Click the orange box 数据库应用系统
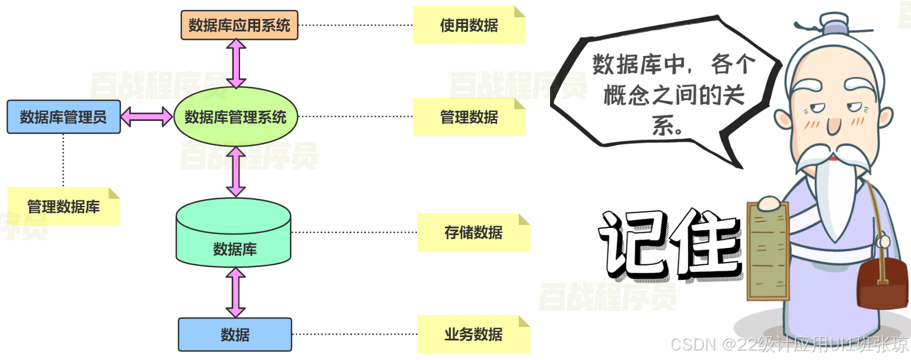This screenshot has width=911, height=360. point(239,25)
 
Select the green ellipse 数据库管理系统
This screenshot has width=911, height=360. point(235,117)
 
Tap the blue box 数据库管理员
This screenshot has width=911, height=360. point(63,117)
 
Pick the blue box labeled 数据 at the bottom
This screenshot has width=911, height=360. point(235,335)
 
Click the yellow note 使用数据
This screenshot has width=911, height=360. point(469,25)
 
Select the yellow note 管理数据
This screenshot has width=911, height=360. point(469,117)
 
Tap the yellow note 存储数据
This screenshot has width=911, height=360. point(473,232)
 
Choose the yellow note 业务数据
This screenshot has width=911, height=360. point(473,334)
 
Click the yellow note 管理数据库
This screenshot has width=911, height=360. point(63,207)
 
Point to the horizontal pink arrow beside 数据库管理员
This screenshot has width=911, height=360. point(147,117)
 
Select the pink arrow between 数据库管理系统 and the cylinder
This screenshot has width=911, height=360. point(236,172)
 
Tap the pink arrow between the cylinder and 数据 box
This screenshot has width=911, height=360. point(236,292)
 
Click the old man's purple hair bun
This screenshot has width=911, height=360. point(834,26)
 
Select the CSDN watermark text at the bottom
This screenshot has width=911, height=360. point(789,344)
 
